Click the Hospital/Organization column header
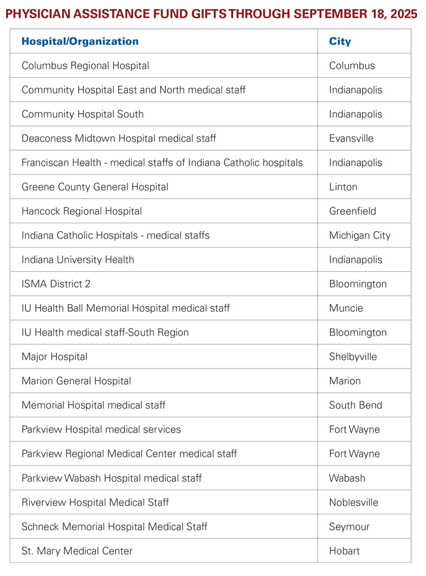coord(80,41)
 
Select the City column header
coord(340,41)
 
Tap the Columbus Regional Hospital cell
coord(85,66)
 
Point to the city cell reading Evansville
coord(351,139)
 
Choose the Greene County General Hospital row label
coord(95,187)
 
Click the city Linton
coord(343,187)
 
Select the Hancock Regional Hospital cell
coord(82,212)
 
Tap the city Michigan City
coord(360,236)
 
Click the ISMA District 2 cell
coord(56,284)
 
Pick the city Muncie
coord(346,308)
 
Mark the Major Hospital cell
coord(54,357)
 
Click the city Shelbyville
coord(353,357)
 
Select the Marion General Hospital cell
coord(76,381)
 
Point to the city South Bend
coord(355,406)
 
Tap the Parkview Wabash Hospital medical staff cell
coord(111,478)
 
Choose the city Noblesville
coord(354,502)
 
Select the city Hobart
coord(344,551)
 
